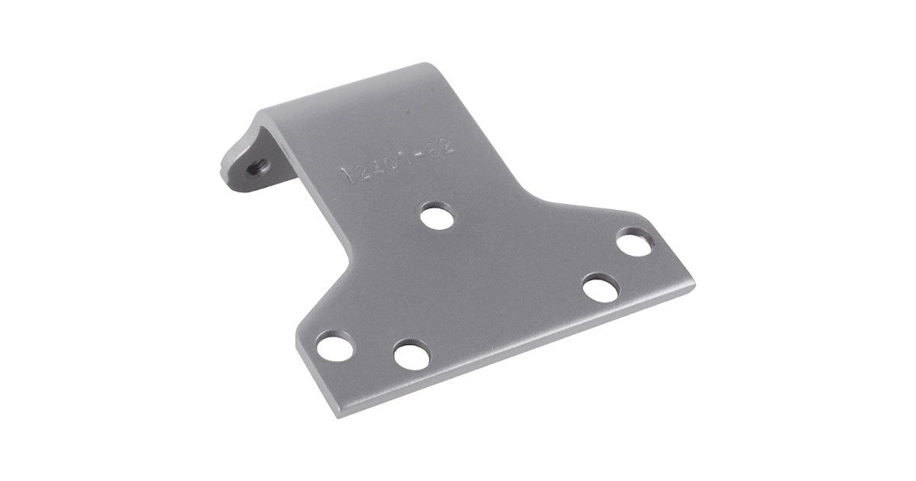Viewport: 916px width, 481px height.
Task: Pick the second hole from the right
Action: pos(600,291)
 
